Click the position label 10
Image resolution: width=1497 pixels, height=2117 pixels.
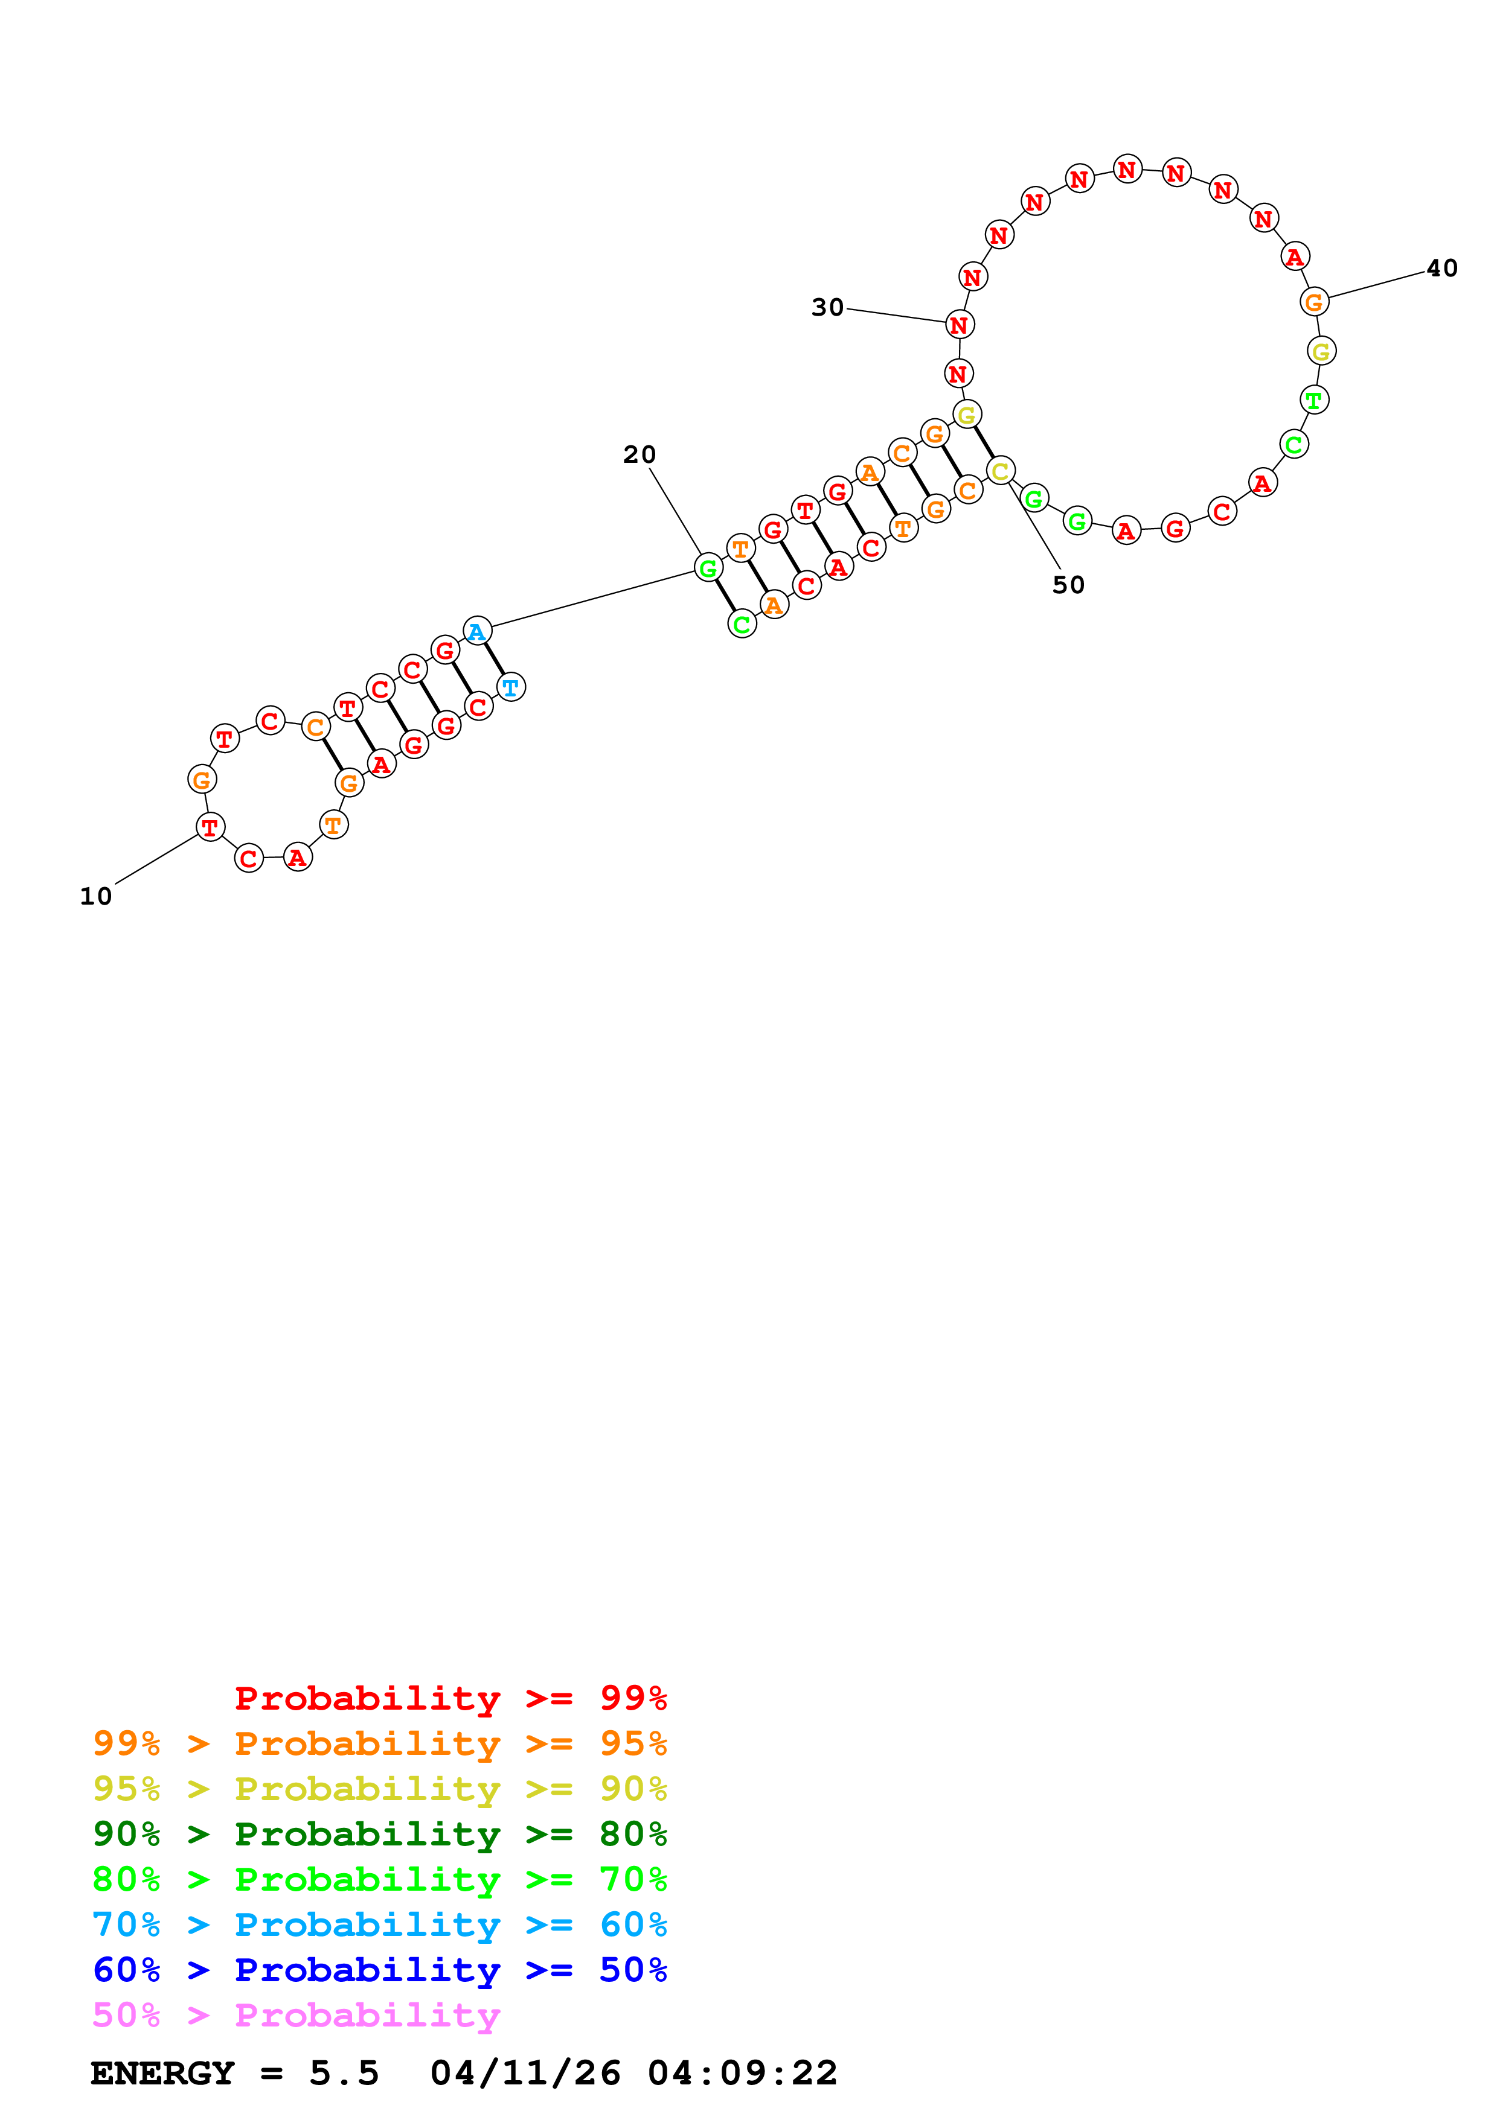96,896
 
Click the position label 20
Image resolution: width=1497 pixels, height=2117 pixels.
640,454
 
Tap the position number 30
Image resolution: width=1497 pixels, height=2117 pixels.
827,307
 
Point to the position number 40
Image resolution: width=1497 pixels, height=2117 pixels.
1441,269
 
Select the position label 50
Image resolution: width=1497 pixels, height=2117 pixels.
1068,585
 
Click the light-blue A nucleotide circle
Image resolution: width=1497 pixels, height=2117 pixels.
477,632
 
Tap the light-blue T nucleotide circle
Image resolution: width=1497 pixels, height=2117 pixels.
511,687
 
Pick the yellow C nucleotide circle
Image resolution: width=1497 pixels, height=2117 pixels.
1000,471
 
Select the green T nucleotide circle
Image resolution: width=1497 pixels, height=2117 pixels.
1313,400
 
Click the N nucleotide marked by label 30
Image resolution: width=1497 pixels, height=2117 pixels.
960,325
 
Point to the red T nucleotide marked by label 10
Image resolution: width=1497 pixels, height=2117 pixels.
210,827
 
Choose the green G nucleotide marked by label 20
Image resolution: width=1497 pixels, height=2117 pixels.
708,568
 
